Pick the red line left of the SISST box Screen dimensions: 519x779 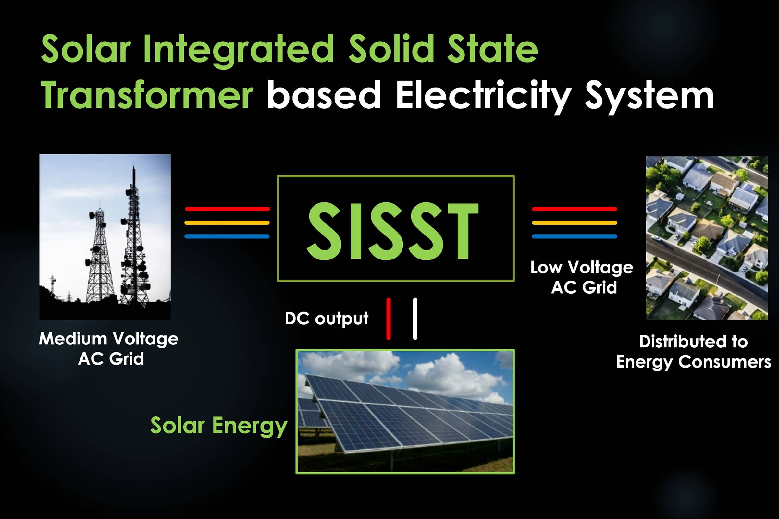(x=227, y=209)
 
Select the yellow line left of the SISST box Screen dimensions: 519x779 (x=227, y=223)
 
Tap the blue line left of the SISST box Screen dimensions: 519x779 (x=227, y=236)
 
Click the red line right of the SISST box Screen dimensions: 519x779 (x=574, y=209)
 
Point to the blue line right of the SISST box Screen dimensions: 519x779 (x=574, y=236)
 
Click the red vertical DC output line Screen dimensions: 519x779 (x=389, y=319)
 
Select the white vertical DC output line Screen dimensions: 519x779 (x=415, y=319)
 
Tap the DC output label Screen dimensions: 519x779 (x=326, y=319)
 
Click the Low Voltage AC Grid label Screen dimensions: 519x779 (x=582, y=277)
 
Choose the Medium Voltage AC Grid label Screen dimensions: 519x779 (x=109, y=348)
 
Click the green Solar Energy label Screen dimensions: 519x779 (x=218, y=426)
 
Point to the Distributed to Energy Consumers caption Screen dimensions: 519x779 (x=694, y=352)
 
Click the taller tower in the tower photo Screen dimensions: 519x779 (x=134, y=242)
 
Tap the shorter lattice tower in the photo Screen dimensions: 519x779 (x=99, y=258)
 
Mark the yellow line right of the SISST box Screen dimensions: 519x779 (x=574, y=223)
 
